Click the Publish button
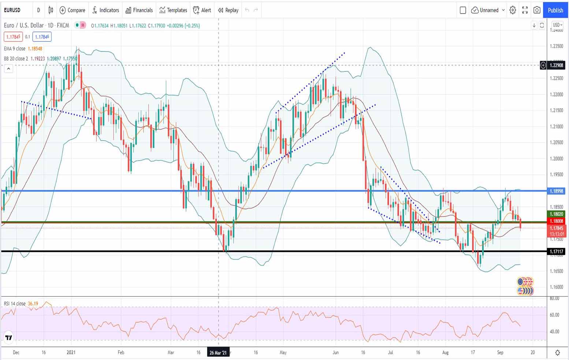(555, 10)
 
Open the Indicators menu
(105, 10)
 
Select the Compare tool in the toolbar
(72, 10)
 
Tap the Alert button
(202, 10)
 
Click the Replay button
(228, 10)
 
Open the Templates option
(173, 10)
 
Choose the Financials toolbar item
(139, 10)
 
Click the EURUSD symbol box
(12, 10)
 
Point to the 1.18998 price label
(557, 191)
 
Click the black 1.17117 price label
(557, 251)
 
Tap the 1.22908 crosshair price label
(557, 65)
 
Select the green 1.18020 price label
(557, 214)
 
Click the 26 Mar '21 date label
(218, 353)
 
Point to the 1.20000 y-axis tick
(557, 159)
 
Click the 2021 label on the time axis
(71, 353)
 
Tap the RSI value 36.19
(33, 304)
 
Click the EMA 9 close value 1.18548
(35, 49)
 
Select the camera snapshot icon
(537, 10)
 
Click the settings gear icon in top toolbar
(513, 10)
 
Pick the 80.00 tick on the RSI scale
(554, 299)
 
